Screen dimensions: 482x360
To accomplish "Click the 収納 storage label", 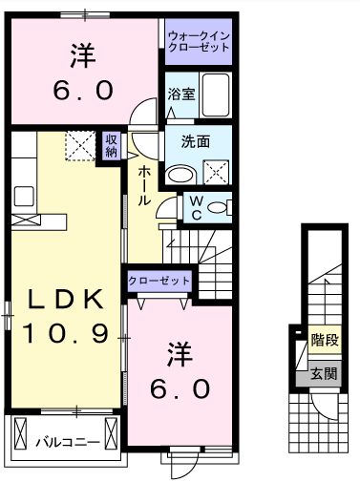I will coord(112,145).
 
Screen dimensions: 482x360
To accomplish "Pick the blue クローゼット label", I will coord(160,282).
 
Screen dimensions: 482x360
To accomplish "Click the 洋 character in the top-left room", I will coord(82,55).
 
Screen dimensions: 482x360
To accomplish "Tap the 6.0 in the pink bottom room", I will coord(179,390).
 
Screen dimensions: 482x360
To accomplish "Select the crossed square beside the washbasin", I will coord(216,174).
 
